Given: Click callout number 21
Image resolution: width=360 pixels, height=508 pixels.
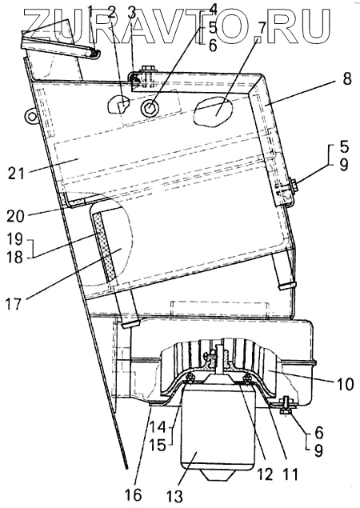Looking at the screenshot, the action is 16,173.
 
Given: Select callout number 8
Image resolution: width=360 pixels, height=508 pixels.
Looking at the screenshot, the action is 347,79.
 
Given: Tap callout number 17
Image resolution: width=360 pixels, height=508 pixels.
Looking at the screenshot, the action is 14,304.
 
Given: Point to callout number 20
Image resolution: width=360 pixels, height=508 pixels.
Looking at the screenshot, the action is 15,216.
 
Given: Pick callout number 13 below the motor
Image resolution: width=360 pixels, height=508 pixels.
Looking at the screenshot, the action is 174,496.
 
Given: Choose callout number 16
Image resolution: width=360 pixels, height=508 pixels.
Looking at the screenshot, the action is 134,494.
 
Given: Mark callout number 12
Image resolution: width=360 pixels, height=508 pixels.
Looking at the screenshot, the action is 266,474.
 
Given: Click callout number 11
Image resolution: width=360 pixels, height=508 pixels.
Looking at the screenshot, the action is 290,474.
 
